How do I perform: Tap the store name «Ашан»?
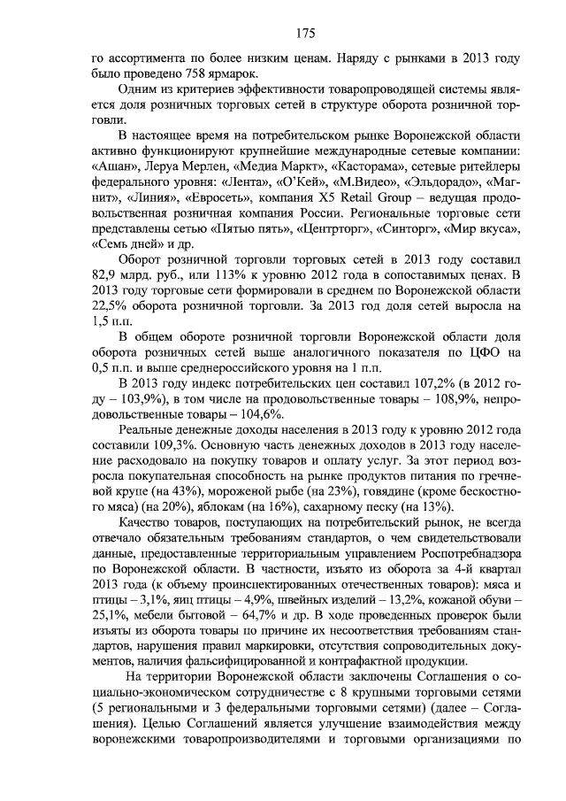113,168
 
